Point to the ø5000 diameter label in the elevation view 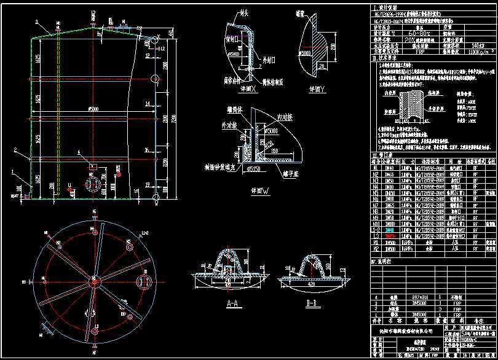tap(93, 108)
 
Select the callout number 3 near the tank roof tap(36, 22)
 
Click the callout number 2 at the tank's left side tap(15, 149)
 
